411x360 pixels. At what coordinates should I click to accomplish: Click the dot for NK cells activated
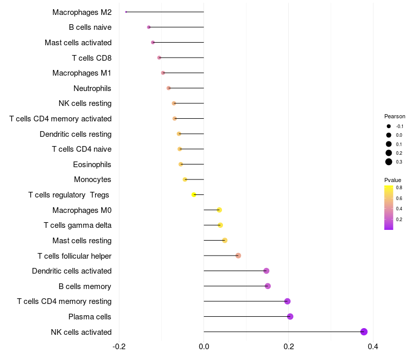point(364,332)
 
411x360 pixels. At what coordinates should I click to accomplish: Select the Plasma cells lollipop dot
point(290,316)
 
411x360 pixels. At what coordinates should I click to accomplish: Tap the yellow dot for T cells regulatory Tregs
point(194,195)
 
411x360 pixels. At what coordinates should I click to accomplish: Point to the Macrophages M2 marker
point(126,12)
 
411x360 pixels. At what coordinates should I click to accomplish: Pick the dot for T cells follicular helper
point(238,256)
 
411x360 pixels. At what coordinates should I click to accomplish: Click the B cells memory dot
point(268,286)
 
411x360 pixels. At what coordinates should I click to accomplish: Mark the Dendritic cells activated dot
point(266,271)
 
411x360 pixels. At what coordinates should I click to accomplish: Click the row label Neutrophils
point(92,88)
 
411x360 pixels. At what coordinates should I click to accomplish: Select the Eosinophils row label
point(92,165)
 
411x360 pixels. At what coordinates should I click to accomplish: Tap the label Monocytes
point(92,179)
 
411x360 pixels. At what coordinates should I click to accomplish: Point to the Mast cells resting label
point(82,241)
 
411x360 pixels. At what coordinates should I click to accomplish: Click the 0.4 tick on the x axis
point(373,347)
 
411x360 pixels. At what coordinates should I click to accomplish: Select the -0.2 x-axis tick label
point(119,347)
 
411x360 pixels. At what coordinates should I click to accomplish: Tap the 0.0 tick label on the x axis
point(204,347)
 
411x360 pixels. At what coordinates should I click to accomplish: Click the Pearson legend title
point(395,116)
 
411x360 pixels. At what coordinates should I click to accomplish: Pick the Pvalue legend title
point(393,180)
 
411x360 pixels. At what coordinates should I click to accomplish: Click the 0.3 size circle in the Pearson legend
point(389,162)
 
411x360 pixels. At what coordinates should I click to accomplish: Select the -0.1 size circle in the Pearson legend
point(389,126)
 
